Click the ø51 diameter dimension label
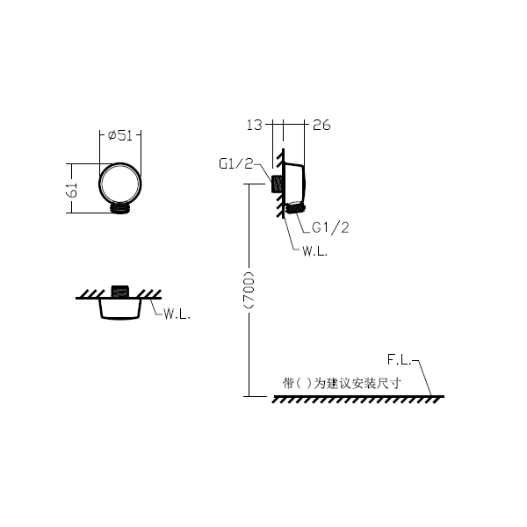(x=120, y=135)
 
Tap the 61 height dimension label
(x=72, y=190)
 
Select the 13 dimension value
(x=254, y=125)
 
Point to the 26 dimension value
(x=321, y=125)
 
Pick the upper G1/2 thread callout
(x=235, y=163)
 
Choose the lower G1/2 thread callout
(x=330, y=227)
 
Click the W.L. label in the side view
(x=314, y=251)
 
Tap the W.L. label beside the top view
(x=177, y=314)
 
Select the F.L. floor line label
(x=399, y=360)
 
